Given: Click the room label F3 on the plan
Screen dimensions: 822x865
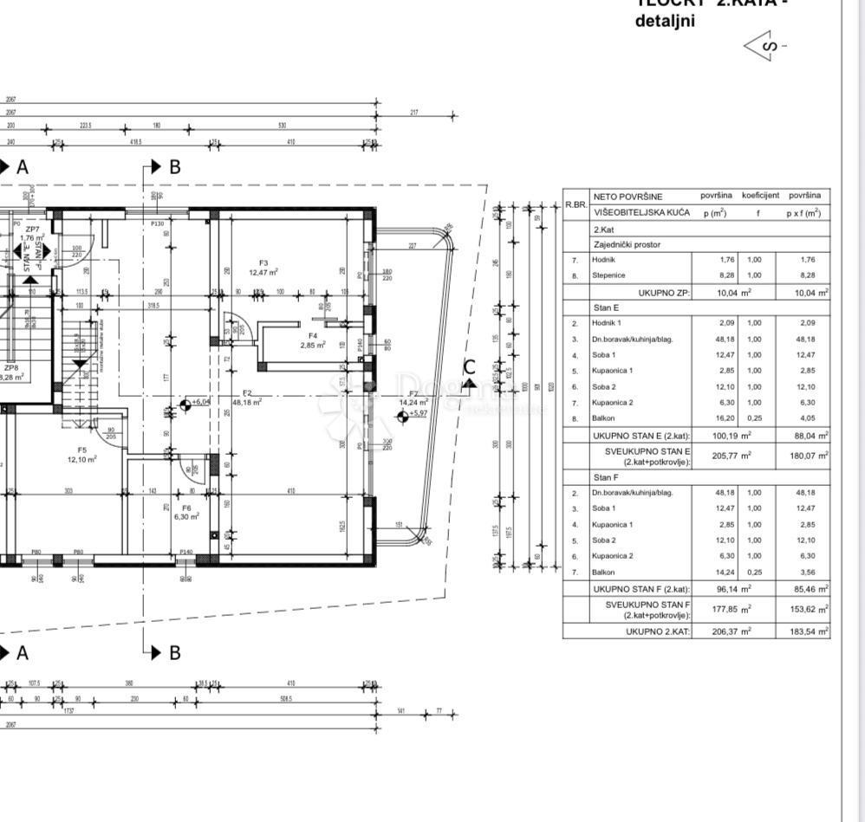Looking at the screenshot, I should [x=263, y=263].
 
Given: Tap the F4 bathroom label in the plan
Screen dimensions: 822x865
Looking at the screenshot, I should [x=313, y=335].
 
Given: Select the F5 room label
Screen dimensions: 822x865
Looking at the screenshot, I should [x=82, y=450].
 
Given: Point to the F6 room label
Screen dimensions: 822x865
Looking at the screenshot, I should [x=185, y=508].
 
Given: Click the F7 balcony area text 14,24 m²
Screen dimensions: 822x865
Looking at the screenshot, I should [x=413, y=403].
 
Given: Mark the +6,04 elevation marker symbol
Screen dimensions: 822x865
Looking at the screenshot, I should [x=185, y=405].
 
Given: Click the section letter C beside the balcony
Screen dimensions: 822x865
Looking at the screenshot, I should [x=469, y=366].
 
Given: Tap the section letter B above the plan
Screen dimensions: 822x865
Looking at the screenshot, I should [x=174, y=167].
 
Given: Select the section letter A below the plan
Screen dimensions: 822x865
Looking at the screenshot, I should [x=23, y=652].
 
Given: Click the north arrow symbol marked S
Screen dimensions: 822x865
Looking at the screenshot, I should [x=762, y=45].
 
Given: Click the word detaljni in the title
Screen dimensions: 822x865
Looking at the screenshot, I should [x=665, y=21].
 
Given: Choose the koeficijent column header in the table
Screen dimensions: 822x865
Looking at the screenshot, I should [x=760, y=196].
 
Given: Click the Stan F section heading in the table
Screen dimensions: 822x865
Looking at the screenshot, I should [x=606, y=477].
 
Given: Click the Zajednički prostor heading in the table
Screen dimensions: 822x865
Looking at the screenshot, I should [x=627, y=244].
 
